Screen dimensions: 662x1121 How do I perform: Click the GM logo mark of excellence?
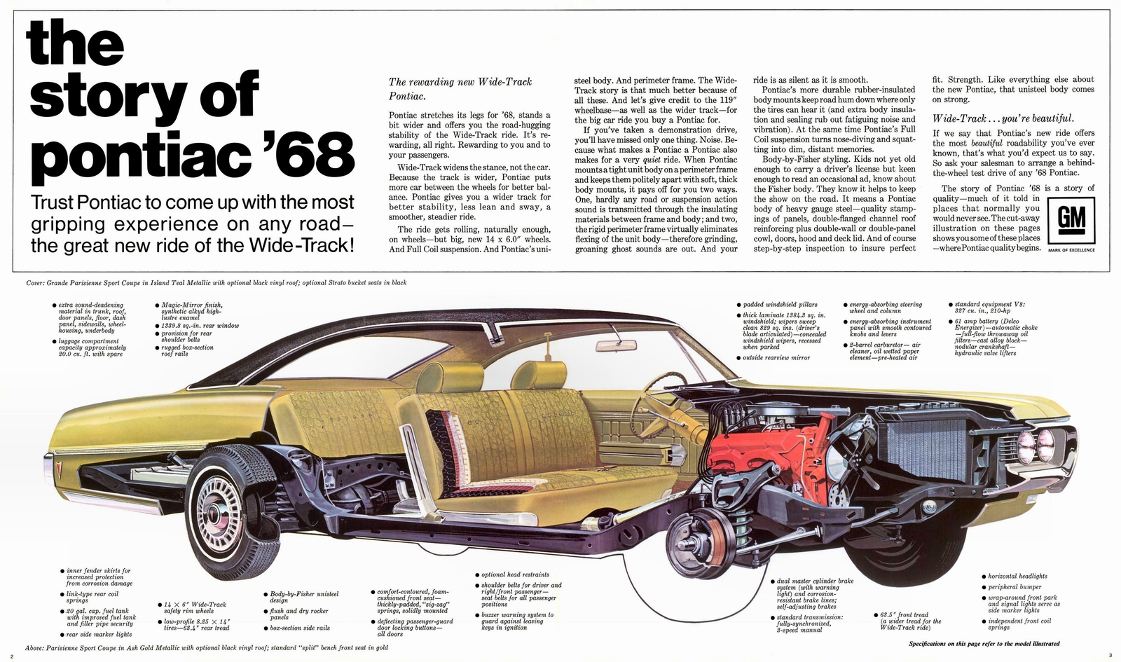[1071, 220]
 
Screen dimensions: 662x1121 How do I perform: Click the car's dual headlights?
[1036, 445]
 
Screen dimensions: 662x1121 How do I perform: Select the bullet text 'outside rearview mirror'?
[776, 358]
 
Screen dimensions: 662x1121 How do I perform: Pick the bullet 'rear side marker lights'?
[98, 634]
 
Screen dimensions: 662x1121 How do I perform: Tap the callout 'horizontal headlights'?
[1017, 576]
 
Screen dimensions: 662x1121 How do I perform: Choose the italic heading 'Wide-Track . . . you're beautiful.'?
[1003, 118]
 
